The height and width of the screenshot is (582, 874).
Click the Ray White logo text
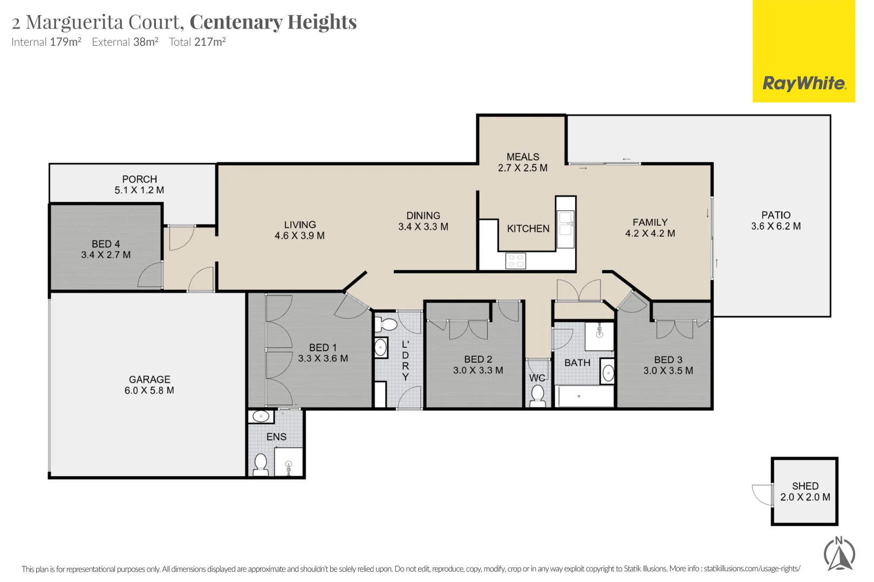(x=804, y=84)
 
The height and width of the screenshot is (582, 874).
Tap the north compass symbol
(x=839, y=554)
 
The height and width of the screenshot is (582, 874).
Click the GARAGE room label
(x=149, y=379)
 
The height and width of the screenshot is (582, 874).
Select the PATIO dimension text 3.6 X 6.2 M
(x=776, y=226)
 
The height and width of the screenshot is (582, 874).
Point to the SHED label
(x=805, y=486)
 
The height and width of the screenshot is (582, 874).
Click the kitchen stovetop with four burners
(x=515, y=261)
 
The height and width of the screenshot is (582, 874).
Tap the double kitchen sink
(x=565, y=224)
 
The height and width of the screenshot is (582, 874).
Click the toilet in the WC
(x=537, y=395)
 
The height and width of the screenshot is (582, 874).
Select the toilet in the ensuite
(x=261, y=464)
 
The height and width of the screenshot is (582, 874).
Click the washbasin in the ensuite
(x=261, y=416)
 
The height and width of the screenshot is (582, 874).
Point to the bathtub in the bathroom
(x=584, y=397)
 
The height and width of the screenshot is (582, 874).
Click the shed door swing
(x=762, y=494)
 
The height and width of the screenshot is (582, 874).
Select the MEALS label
(x=522, y=157)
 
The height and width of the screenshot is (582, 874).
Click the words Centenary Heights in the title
(x=273, y=22)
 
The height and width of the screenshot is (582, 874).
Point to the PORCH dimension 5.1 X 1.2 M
(x=139, y=190)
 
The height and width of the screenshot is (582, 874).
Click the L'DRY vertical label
(x=405, y=361)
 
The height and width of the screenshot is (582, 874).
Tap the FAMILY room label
(x=650, y=222)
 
